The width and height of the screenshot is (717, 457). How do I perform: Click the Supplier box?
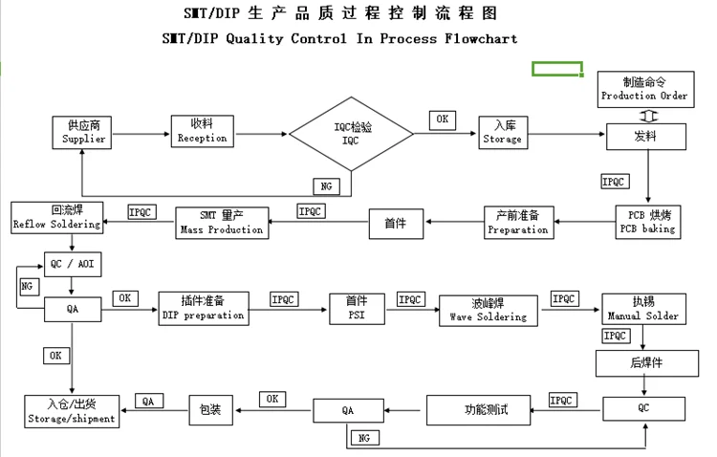[84, 132]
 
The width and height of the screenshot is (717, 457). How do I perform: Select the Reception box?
[202, 131]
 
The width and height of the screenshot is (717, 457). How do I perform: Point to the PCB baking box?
[647, 222]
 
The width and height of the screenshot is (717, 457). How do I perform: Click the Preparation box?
[517, 223]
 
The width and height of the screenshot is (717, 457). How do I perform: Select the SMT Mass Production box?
[221, 223]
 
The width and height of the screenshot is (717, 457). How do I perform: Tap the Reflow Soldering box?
[55, 217]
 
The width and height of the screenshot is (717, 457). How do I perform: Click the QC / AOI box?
[73, 264]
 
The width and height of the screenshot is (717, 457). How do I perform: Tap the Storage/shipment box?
[72, 412]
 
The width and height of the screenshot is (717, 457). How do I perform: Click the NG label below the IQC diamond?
[326, 185]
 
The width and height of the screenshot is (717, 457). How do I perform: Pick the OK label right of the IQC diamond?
[441, 120]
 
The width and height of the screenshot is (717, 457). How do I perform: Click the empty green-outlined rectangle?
[557, 68]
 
